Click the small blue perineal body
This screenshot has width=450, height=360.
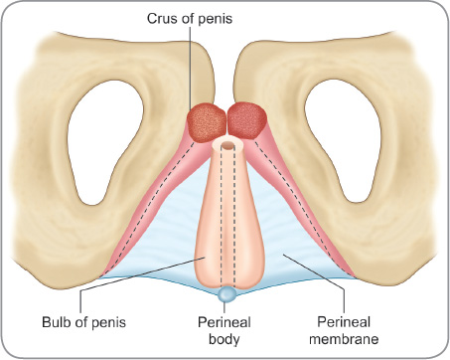pos(227,295)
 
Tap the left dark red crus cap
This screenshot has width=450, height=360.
pos(207,122)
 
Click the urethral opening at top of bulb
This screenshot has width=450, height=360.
pos(226,145)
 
